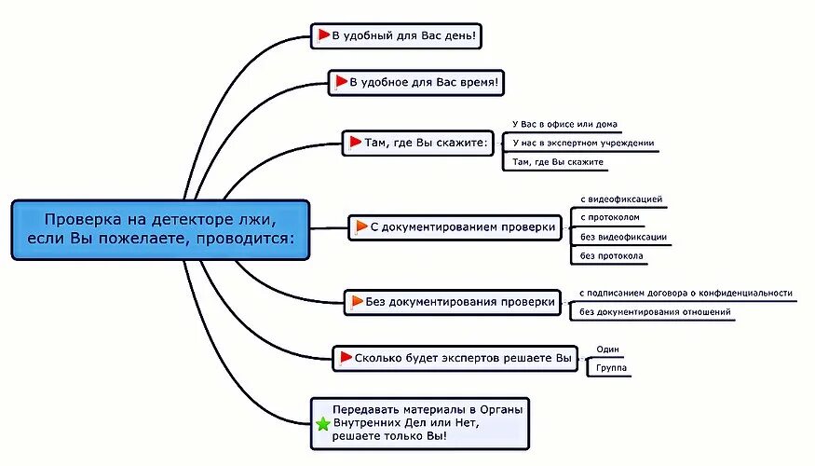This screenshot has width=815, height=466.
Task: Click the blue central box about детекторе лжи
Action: [160, 229]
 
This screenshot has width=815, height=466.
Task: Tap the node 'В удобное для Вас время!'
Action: [417, 82]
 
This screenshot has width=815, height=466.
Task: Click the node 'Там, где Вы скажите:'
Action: [418, 143]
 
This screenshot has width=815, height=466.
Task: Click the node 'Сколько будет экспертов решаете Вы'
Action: [455, 357]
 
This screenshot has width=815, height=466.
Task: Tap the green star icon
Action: [323, 424]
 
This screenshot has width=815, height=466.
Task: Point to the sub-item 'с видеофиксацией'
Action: [621, 199]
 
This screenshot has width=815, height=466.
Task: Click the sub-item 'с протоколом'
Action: [609, 218]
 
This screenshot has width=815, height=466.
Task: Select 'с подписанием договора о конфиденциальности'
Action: [686, 293]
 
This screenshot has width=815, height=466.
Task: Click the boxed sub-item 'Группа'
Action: [612, 368]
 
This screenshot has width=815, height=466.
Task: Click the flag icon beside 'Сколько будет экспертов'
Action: [346, 357]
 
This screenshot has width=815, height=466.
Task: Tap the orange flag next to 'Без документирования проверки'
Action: [357, 301]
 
